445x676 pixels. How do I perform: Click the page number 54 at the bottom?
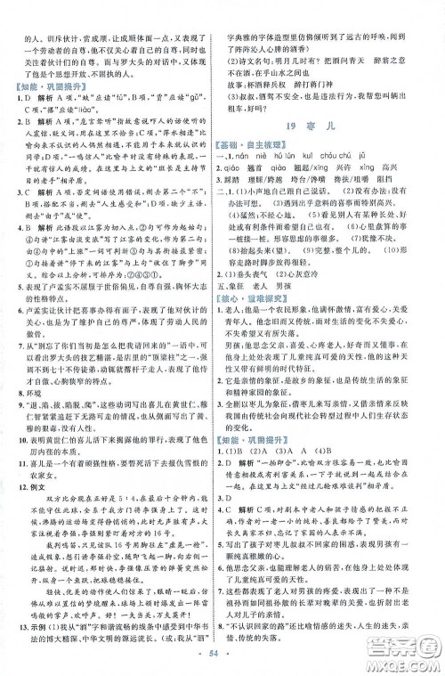pos(222,664)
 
